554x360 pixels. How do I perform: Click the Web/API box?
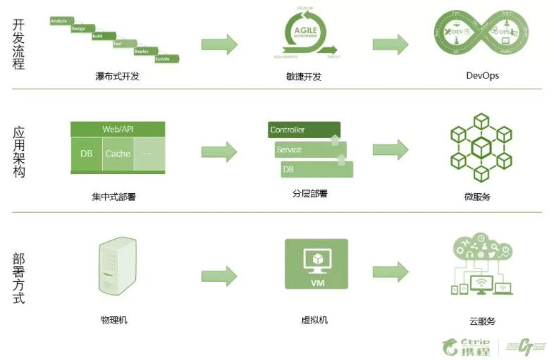(118, 130)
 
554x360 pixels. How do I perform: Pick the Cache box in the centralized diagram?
(118, 154)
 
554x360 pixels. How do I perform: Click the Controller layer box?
(304, 130)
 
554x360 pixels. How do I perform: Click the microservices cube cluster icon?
(481, 147)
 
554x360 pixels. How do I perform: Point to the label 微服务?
(479, 197)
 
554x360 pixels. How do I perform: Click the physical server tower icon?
(118, 267)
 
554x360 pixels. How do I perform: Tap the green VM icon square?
(316, 263)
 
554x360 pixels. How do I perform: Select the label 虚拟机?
(314, 320)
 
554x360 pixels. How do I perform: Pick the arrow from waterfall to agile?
(219, 44)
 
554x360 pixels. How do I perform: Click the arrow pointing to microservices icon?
(390, 149)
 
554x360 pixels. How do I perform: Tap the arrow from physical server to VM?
(219, 274)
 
